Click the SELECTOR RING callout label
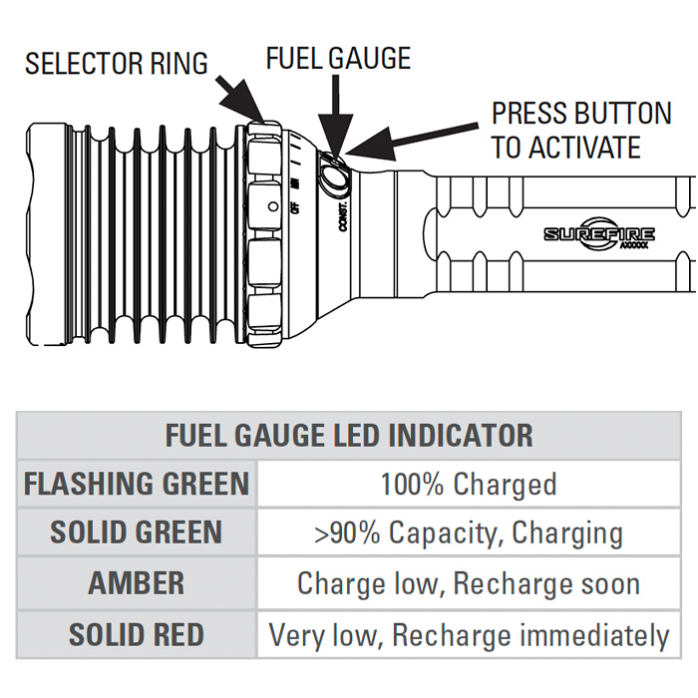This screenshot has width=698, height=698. coord(117,63)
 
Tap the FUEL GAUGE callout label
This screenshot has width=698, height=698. coord(338,58)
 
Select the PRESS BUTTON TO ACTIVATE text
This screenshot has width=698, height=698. coord(581,130)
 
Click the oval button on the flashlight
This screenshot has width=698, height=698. coord(336,178)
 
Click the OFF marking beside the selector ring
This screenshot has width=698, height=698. coord(294,208)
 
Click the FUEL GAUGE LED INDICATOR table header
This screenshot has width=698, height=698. coord(348,435)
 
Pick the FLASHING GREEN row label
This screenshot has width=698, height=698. coord(137,485)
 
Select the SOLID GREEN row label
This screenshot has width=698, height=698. coord(137,531)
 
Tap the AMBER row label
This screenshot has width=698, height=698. coord(137,583)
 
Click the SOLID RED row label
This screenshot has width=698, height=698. coord(137,634)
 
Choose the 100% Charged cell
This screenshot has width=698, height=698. coord(468,485)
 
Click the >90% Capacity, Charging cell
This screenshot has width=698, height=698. coord(468,532)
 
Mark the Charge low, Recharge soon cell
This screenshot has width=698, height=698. coord(468,583)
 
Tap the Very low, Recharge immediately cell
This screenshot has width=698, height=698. coord(468,634)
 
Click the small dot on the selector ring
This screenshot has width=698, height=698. coord(273,207)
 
